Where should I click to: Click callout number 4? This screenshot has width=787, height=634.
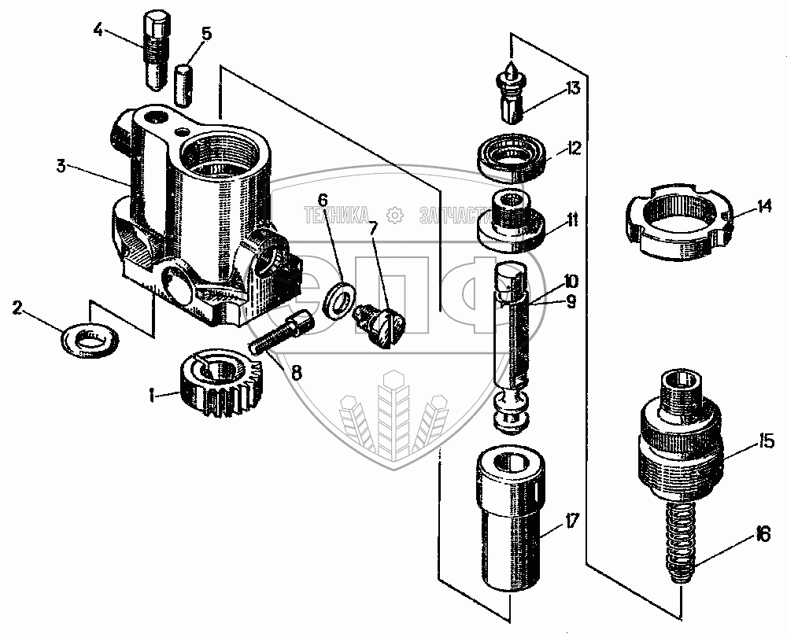tap(98, 31)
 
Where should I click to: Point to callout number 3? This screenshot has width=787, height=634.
tap(61, 166)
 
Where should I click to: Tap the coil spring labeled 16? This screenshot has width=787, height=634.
tap(681, 543)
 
